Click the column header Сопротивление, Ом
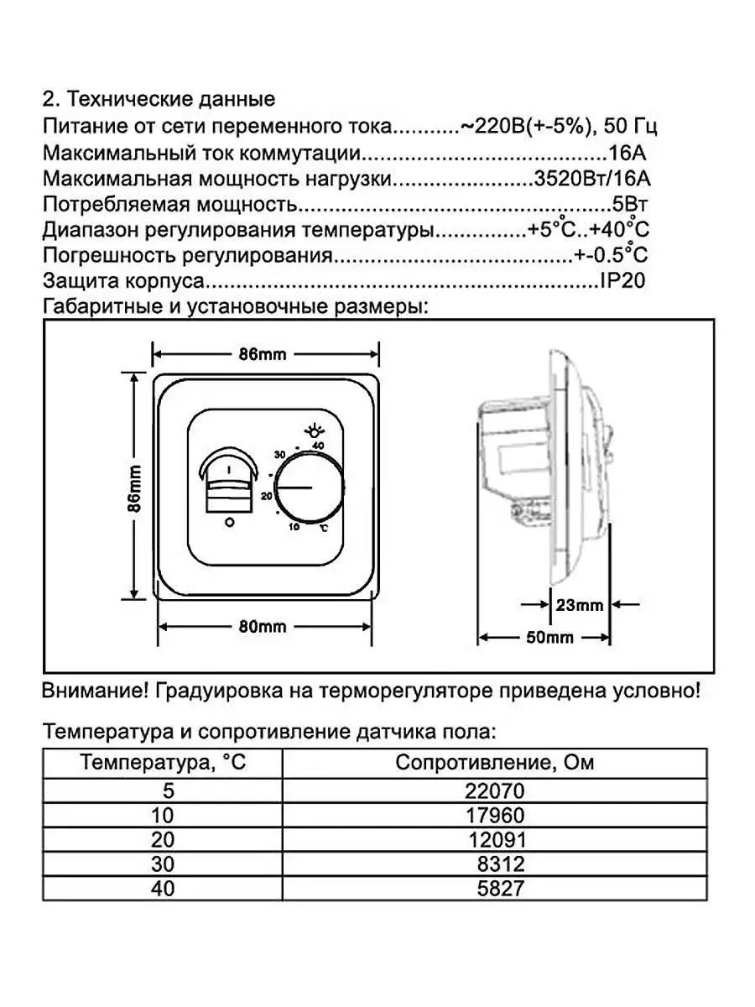495,764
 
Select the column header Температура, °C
164,764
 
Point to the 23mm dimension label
580,604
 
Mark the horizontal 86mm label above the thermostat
263,353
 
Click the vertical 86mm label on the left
136,487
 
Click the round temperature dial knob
308,488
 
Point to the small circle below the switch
229,523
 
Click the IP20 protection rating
623,281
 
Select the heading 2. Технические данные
159,100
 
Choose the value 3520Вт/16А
592,179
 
